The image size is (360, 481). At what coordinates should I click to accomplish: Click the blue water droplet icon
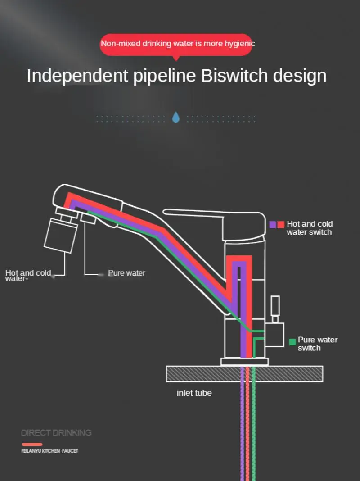[176, 118]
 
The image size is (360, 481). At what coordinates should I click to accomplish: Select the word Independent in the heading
[77, 76]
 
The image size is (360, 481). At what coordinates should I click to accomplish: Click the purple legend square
[273, 224]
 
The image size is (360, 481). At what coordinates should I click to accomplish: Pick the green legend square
[292, 341]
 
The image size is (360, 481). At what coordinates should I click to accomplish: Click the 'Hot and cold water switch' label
[310, 228]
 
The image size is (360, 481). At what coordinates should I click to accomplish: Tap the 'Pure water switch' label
[317, 344]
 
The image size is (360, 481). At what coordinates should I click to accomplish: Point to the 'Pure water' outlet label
[126, 273]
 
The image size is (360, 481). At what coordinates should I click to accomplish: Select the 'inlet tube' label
[194, 393]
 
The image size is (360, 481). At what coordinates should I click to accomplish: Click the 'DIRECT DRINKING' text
[56, 433]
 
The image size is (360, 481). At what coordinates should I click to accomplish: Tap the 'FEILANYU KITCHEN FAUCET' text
[49, 450]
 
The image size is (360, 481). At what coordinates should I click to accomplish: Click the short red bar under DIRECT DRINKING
[32, 445]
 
